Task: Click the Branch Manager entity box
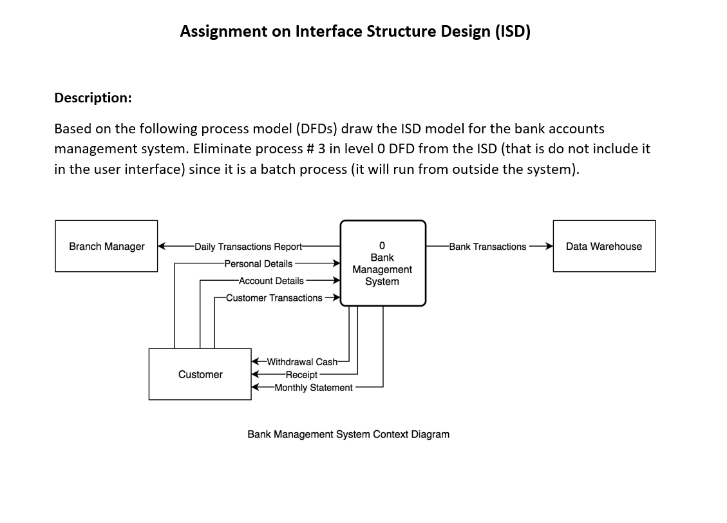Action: [x=106, y=246]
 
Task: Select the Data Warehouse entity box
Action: [x=603, y=246]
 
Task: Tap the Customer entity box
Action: [x=200, y=374]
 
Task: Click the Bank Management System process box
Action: [x=382, y=263]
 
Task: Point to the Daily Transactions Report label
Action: [x=248, y=247]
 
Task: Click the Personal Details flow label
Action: [x=258, y=263]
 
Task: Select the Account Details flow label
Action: [x=271, y=281]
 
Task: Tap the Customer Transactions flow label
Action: [x=274, y=298]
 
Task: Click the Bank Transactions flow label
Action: [x=487, y=247]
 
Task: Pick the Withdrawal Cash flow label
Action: [x=302, y=361]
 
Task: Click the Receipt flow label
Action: [x=301, y=375]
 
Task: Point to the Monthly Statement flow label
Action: [x=313, y=388]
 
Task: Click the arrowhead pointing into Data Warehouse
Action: [x=549, y=246]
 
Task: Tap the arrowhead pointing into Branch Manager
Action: [x=162, y=246]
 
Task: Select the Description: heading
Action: [x=93, y=98]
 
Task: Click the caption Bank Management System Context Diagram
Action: [x=348, y=434]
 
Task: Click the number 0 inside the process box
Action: [x=382, y=246]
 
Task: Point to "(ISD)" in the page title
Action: [x=513, y=32]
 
